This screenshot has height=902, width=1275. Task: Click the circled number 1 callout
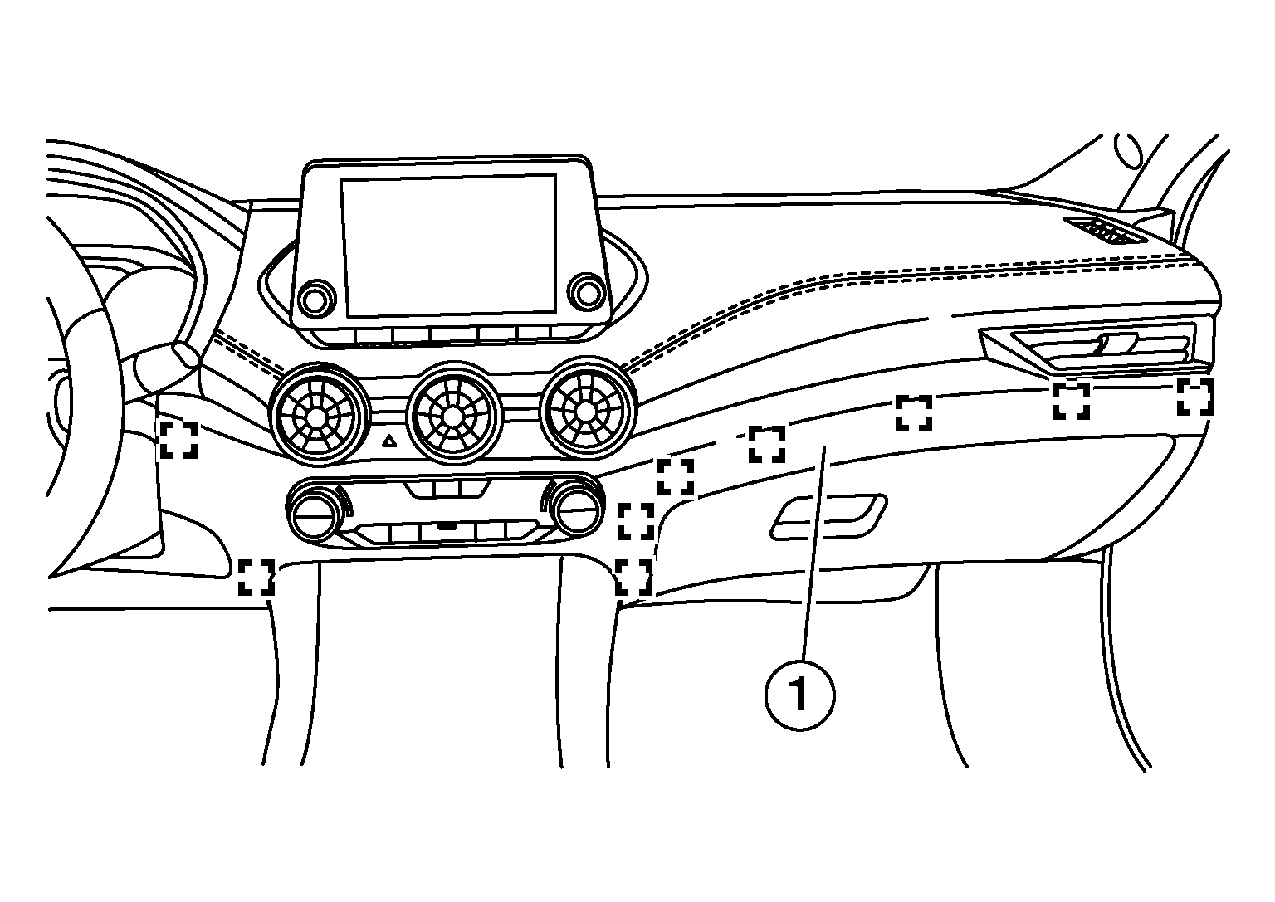(x=799, y=695)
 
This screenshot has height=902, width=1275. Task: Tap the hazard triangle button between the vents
(x=389, y=441)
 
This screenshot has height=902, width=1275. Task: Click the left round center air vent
(x=315, y=416)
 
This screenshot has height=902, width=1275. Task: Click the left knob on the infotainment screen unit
(x=315, y=299)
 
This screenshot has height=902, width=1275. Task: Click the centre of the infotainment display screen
(x=448, y=246)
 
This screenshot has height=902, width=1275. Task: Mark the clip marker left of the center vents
(x=178, y=439)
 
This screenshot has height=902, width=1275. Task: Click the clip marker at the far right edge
(x=1195, y=397)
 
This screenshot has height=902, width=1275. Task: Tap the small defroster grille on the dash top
(x=1098, y=231)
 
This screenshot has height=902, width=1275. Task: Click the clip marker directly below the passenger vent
(x=1071, y=401)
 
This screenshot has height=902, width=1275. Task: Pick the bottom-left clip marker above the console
(x=256, y=577)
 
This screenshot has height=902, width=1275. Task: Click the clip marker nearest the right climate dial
(x=636, y=521)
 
